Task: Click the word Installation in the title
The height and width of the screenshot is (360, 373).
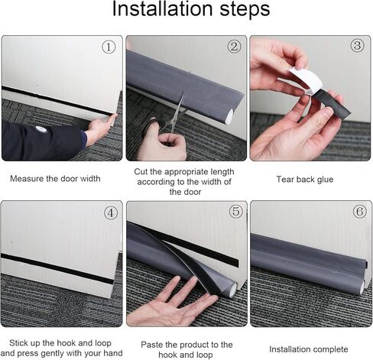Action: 162,8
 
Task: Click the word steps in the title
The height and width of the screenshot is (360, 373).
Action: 245,10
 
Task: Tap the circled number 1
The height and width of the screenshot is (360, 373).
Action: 109,47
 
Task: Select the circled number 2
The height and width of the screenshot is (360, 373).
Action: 234,47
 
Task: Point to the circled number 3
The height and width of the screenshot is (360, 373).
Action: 358,46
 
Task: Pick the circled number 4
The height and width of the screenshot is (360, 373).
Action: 111,213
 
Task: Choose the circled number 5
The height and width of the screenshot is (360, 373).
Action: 236,212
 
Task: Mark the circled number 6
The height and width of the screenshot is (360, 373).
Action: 360,211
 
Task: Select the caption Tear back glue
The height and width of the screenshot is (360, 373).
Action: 305,180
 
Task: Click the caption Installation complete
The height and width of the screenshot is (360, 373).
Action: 309,349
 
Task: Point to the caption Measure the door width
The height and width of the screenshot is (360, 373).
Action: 55,179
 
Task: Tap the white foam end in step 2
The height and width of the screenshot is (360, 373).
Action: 229,116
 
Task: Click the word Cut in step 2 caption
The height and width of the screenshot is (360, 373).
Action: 141,171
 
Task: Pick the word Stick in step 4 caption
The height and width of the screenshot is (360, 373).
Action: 18,343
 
